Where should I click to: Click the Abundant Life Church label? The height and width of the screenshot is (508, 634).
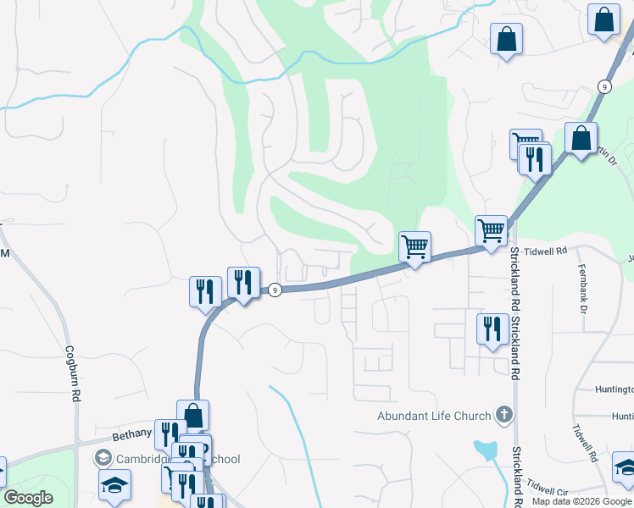[434, 416]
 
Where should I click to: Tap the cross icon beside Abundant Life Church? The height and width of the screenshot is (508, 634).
[504, 415]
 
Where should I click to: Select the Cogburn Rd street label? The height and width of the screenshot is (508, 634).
[75, 373]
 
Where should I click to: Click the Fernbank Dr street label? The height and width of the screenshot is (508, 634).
[583, 291]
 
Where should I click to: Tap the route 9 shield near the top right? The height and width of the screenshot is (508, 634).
[603, 86]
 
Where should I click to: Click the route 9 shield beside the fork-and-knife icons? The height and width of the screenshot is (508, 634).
[275, 290]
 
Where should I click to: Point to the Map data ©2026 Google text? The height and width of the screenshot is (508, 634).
[582, 501]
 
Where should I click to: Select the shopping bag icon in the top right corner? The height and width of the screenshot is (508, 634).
[603, 20]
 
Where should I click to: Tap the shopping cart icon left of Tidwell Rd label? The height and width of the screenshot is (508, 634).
[491, 229]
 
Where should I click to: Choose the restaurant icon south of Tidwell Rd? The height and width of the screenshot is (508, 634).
[492, 329]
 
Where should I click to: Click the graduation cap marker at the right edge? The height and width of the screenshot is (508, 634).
[626, 467]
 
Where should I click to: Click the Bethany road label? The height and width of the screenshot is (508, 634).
[131, 436]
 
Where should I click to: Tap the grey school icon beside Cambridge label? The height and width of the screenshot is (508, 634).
[103, 458]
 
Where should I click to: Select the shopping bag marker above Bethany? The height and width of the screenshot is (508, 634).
[193, 416]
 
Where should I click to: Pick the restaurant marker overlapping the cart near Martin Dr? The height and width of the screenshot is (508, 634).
[535, 158]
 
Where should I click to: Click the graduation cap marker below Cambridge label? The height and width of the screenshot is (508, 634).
[114, 486]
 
